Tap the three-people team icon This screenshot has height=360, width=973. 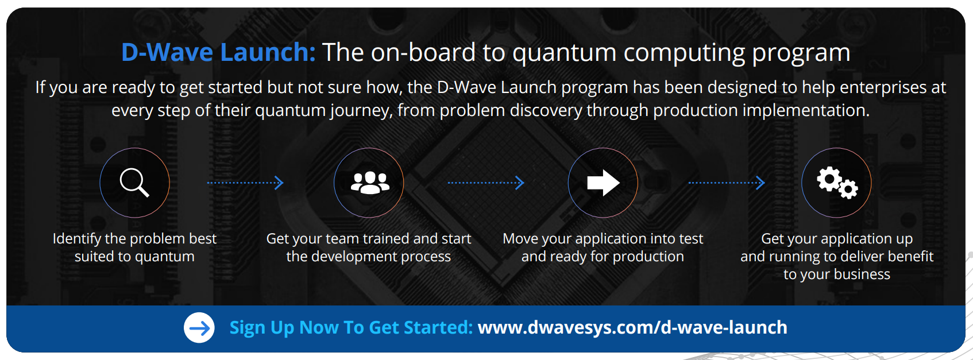click(370, 183)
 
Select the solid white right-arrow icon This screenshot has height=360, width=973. click(603, 183)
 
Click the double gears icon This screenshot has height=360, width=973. click(837, 183)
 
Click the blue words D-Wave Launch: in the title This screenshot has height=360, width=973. click(218, 52)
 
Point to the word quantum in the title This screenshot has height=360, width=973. click(564, 53)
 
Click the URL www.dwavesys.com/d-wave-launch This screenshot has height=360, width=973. click(632, 327)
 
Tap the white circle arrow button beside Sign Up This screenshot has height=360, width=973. click(199, 328)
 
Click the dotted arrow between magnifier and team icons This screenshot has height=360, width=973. click(245, 183)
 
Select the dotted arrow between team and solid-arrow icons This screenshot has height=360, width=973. click(486, 183)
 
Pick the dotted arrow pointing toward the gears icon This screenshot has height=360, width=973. click(727, 183)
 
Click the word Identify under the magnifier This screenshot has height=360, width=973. click(77, 239)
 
